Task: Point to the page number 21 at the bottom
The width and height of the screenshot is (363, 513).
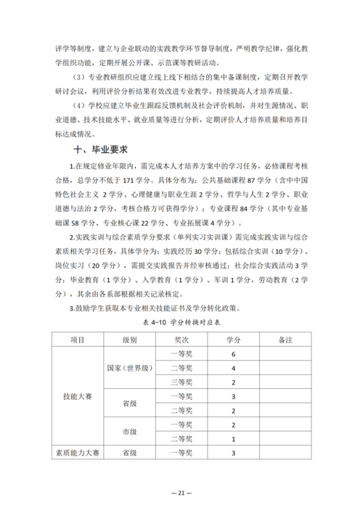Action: point(181,493)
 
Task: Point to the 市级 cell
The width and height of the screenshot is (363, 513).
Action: point(130,432)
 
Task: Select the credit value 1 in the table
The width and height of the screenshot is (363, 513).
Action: point(232,439)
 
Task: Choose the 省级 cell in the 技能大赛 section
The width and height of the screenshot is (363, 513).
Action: point(130,403)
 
